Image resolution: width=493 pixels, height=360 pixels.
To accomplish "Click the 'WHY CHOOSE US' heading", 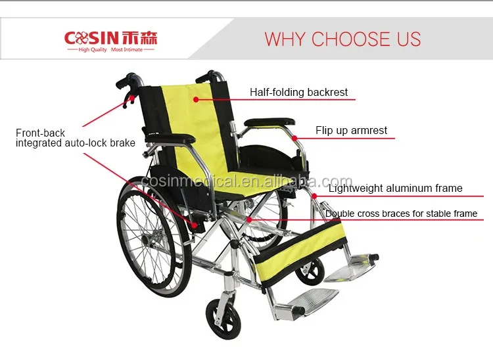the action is (x=342, y=39).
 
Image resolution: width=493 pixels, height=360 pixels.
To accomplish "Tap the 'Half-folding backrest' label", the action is (x=298, y=93).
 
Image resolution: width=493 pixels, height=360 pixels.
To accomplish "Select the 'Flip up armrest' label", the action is (x=351, y=130).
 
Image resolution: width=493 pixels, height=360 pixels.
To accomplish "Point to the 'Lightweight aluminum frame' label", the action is (x=396, y=188).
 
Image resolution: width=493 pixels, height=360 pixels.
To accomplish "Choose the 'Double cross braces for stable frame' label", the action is (x=401, y=214).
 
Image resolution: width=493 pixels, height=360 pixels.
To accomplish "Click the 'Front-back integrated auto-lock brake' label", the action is (x=76, y=138).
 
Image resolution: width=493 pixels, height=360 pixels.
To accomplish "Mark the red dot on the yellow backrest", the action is (x=196, y=100).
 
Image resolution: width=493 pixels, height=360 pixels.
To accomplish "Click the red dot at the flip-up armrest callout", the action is (x=294, y=138).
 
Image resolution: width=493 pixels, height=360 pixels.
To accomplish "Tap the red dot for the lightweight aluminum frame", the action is (x=314, y=196).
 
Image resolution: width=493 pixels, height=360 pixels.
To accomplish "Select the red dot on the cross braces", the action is (x=249, y=220).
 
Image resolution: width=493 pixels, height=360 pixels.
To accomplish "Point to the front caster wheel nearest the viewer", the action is (x=223, y=319).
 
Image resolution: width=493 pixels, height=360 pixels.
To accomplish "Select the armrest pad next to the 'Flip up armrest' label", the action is (x=270, y=122).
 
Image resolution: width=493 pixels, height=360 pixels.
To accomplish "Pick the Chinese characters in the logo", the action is (x=139, y=38).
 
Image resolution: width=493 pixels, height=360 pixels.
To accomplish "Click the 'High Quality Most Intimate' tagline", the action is (x=110, y=50).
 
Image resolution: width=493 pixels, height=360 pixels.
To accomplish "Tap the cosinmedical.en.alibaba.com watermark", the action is (x=246, y=181).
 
